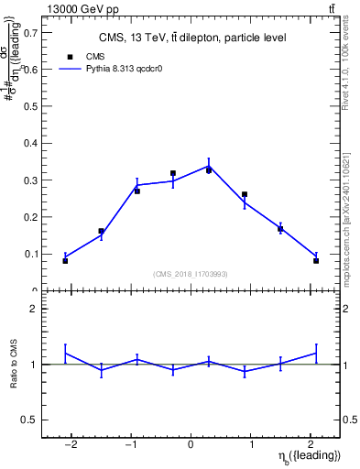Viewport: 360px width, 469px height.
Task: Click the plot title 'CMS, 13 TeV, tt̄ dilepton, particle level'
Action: [x=191, y=38]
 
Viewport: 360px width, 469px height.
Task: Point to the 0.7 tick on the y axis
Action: [x=30, y=32]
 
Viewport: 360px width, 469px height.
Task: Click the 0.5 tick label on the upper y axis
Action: [x=30, y=106]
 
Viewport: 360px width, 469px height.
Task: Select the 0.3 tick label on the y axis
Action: [x=30, y=180]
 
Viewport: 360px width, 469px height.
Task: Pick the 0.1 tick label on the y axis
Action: [x=30, y=254]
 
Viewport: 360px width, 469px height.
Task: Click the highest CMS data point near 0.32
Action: [x=172, y=172]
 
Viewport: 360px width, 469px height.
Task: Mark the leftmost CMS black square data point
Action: [x=65, y=261]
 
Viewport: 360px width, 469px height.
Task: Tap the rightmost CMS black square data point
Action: [x=316, y=261]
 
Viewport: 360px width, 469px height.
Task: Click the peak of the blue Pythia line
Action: [x=209, y=166]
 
